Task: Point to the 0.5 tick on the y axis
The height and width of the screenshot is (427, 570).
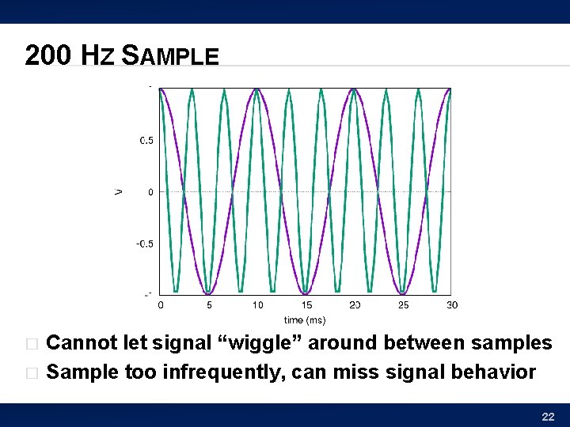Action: click(146, 141)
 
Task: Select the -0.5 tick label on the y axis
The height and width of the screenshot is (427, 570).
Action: click(144, 244)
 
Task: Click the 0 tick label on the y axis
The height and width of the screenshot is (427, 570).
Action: click(150, 192)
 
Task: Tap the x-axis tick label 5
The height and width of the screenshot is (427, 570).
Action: click(209, 305)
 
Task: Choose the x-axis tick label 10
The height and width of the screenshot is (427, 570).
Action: click(258, 305)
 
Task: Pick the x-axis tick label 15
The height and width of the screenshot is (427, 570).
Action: click(306, 305)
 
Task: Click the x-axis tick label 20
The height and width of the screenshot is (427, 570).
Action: click(355, 305)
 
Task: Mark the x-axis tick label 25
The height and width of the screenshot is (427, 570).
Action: click(404, 305)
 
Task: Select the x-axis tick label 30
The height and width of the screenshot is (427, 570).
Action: click(451, 305)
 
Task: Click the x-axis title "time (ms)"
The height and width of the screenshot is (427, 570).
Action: click(305, 320)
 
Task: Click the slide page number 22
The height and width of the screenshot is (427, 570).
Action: click(547, 417)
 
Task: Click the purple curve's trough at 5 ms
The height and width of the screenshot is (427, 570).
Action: click(208, 293)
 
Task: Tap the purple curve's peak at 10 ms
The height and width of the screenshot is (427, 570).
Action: click(256, 89)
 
